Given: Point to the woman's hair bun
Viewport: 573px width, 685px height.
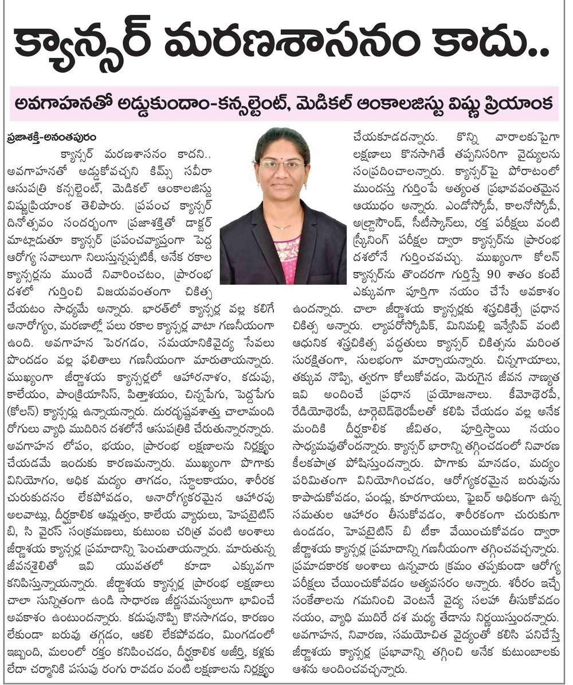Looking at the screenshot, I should (282, 134).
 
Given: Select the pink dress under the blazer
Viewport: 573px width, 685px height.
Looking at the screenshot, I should (287, 258).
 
